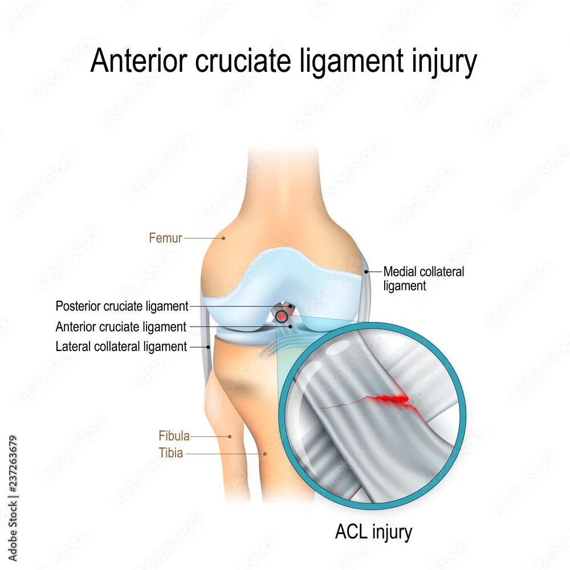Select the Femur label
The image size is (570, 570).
coord(165,238)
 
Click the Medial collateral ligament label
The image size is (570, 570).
coord(424,278)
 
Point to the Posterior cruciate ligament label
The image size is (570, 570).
coord(121,306)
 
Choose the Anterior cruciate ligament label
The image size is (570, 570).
coord(121,327)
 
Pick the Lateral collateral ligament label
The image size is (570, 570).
coord(121,346)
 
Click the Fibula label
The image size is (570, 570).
coord(174,436)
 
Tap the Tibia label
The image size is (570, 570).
coord(171,454)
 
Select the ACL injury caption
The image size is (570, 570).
coord(373,532)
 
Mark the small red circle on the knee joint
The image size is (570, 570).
coord(282,315)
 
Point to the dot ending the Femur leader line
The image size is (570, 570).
coord(223,238)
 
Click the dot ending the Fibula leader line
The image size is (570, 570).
coord(230,437)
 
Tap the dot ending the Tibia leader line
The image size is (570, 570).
coord(265,454)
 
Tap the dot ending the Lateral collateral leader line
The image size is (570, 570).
coord(209,346)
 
